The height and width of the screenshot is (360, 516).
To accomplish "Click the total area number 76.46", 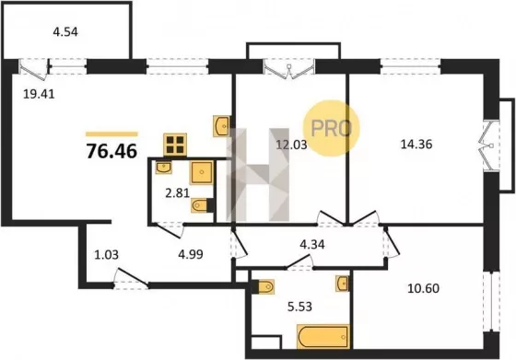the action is coord(111,152).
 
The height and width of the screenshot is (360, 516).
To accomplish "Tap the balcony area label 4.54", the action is coord(65,32).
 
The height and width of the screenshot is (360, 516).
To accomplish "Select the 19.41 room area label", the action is coord(39,94).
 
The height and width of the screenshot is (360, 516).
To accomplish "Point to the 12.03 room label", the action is coord(291,145).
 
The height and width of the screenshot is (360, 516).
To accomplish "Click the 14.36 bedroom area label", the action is coord(416,144).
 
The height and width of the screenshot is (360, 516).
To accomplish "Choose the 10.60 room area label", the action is coord(423,288).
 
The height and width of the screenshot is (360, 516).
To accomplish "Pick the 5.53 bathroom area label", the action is coord(299,307).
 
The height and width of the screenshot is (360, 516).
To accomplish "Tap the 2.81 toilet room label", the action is coord(177,193).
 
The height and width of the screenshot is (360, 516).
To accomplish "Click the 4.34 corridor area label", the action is coord(312,245).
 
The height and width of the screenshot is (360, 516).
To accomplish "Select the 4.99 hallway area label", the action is coord(191,254).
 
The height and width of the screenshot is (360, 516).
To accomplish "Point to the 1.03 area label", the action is coord(106,255).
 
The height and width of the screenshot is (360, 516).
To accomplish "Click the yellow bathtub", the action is coord(322,336).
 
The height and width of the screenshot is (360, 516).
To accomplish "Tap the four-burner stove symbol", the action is coord(175,145).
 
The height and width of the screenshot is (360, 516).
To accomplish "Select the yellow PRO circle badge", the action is coord(332,128).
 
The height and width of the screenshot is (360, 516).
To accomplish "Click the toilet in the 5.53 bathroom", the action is coord(265,286).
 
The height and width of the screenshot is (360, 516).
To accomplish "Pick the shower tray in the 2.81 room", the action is coord(202,172).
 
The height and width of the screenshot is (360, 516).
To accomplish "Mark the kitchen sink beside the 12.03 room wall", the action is coord(222,126).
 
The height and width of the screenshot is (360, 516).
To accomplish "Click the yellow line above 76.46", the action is coord(111,134).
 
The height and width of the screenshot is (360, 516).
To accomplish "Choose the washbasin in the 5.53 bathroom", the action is coord(342,284).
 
